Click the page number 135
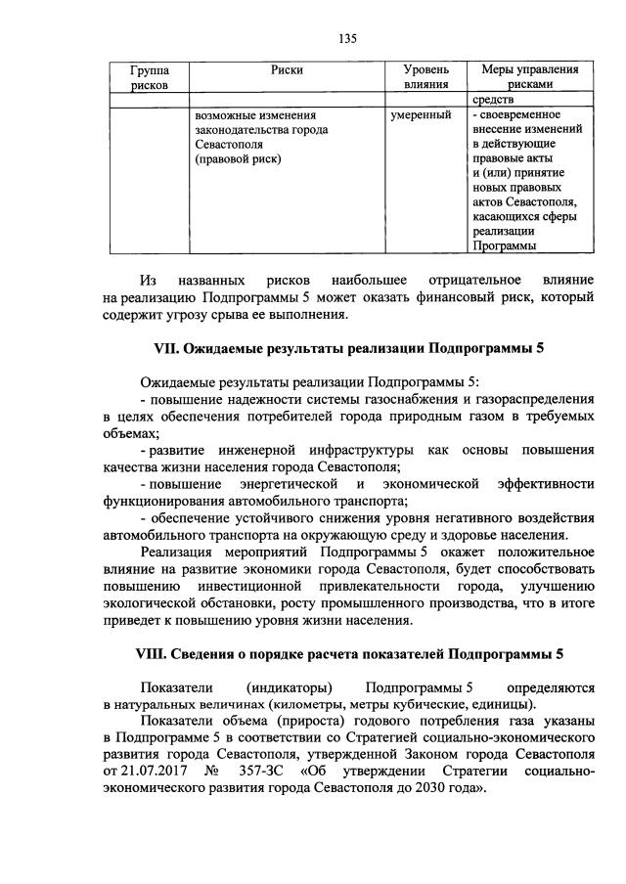pyautogui.click(x=346, y=39)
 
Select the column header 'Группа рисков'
pyautogui.click(x=148, y=78)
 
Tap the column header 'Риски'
pyautogui.click(x=288, y=70)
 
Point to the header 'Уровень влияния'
pyautogui.click(x=426, y=78)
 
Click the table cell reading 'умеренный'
pyautogui.click(x=421, y=115)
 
